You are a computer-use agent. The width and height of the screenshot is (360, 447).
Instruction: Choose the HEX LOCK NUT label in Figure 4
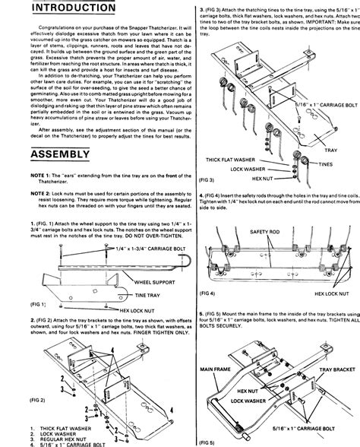pos(331,293)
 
